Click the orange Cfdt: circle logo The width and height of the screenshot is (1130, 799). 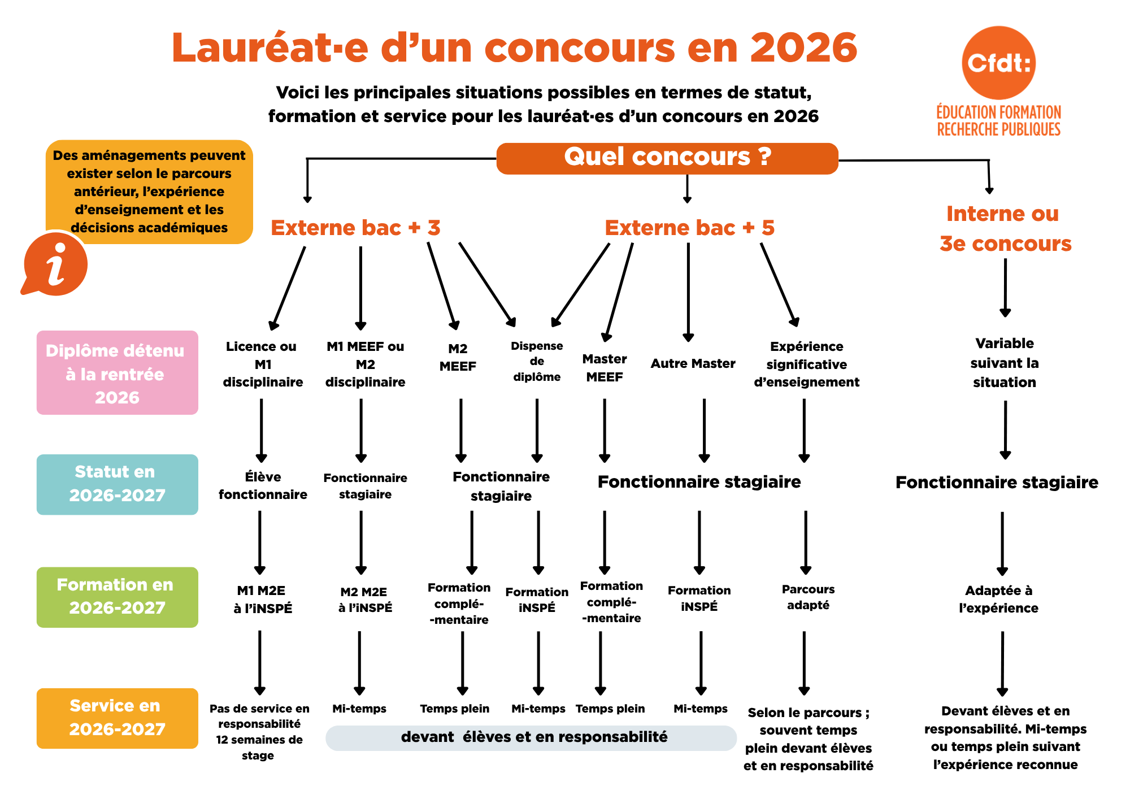tap(998, 63)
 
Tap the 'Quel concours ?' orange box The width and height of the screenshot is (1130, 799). tap(667, 158)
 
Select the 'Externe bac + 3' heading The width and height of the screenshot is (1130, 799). tap(355, 228)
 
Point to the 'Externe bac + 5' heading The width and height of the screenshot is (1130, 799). tap(689, 228)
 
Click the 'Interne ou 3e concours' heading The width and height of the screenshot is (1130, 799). tap(1005, 228)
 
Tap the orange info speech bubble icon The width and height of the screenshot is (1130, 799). tap(54, 264)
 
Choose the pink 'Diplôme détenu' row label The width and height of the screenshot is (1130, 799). tap(118, 373)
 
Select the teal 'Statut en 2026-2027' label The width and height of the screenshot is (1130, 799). tap(118, 484)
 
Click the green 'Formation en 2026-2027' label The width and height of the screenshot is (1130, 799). tap(118, 597)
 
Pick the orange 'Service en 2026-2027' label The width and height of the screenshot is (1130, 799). tap(118, 718)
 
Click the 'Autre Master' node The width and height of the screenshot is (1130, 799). tap(693, 363)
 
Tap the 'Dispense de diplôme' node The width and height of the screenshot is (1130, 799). tap(537, 361)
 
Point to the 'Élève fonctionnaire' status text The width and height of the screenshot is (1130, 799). tap(263, 485)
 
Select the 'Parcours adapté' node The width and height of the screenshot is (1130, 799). tap(808, 597)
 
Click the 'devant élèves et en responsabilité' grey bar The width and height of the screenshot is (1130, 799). tap(531, 737)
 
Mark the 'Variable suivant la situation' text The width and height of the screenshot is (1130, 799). tap(1005, 363)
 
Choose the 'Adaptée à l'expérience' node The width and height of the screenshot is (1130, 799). tap(998, 599)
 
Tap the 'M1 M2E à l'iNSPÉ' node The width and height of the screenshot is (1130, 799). tap(263, 600)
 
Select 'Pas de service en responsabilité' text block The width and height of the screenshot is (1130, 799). tap(259, 716)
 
